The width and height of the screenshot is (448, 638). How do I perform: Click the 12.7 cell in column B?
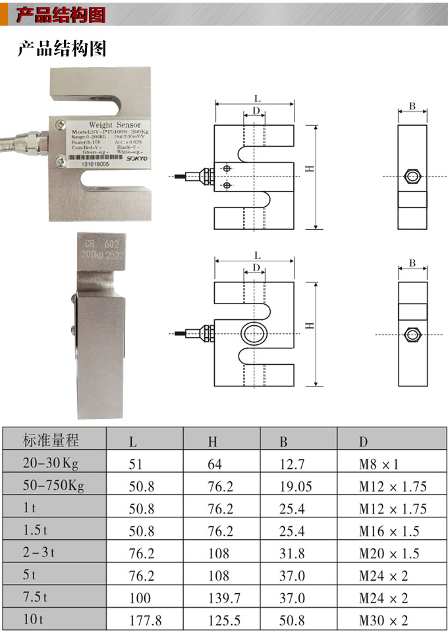[292, 464]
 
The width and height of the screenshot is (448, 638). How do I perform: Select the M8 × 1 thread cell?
[379, 464]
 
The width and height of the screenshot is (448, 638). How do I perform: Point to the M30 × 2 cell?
[383, 620]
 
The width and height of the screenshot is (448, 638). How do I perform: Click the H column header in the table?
[212, 441]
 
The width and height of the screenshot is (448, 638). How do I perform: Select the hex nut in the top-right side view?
[412, 176]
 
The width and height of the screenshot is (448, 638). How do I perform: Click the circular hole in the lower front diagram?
[254, 334]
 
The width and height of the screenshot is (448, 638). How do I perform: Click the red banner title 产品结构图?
[61, 14]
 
